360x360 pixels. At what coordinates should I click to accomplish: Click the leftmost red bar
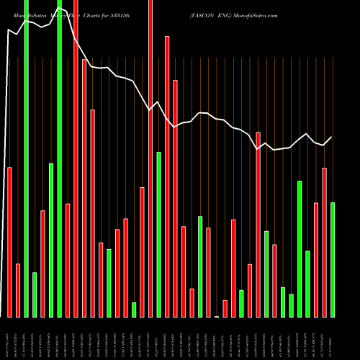coord(9,242)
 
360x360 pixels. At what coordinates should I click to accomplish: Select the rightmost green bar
coord(333,259)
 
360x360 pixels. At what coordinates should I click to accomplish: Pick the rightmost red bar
coord(324,242)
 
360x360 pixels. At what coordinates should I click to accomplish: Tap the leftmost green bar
coord(26,158)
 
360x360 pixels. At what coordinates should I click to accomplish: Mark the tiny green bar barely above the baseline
coord(217,316)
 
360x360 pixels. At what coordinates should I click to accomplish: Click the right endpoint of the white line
coord(332,137)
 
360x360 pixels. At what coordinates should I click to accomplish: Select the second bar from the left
coord(18,290)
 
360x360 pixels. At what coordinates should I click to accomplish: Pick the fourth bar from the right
coord(307,284)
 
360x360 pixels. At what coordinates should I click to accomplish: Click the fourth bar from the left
coord(35,294)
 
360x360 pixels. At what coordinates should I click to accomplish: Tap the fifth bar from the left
coord(42,264)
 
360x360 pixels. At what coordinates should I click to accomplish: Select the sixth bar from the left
coord(51,240)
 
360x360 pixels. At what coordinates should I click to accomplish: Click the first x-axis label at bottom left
coord(9,338)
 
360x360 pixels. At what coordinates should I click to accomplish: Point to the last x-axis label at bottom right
coord(333,338)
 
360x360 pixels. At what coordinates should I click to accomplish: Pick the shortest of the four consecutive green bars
coord(291,305)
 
